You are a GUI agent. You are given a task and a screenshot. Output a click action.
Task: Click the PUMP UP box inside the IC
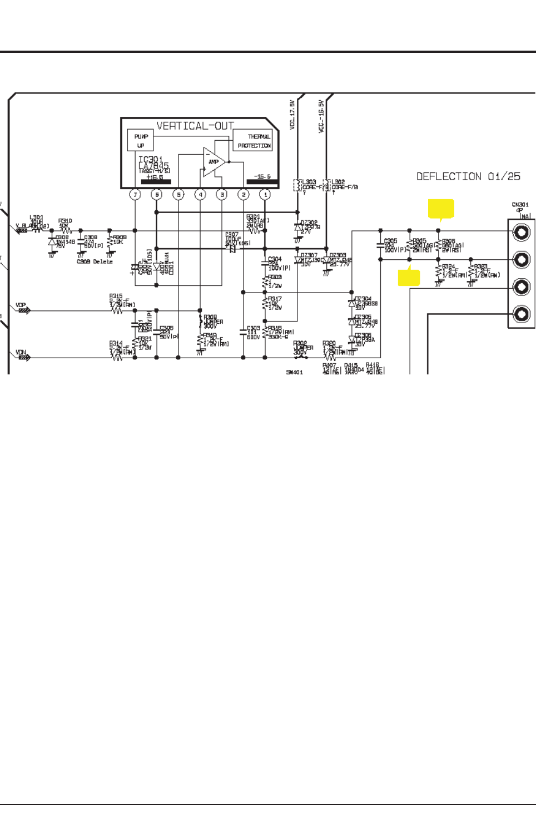tap(141, 140)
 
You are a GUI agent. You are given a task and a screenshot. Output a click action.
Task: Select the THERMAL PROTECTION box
tap(253, 140)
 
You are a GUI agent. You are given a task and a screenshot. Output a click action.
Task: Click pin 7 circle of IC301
tap(135, 195)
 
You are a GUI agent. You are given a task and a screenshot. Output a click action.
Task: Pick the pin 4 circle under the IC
tap(200, 195)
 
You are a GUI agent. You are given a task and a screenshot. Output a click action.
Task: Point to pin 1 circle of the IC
tap(265, 195)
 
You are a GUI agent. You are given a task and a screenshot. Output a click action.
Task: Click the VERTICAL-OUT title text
tap(195, 126)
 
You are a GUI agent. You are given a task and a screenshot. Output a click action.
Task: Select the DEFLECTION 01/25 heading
tap(468, 176)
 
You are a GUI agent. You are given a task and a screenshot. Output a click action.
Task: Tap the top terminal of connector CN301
tap(521, 231)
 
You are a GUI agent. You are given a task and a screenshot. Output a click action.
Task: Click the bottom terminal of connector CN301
tap(521, 314)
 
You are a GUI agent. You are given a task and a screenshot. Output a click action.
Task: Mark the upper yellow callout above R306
tap(441, 209)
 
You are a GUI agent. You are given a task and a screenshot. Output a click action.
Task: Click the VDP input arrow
tap(23, 310)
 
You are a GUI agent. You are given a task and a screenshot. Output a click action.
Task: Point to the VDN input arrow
tap(23, 357)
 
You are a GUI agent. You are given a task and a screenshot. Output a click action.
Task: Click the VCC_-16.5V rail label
tap(321, 116)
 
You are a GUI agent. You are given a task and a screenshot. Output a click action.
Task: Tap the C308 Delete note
tap(95, 261)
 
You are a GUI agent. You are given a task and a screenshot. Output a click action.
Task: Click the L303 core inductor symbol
tap(297, 185)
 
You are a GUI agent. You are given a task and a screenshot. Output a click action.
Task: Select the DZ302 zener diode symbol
tap(298, 227)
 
